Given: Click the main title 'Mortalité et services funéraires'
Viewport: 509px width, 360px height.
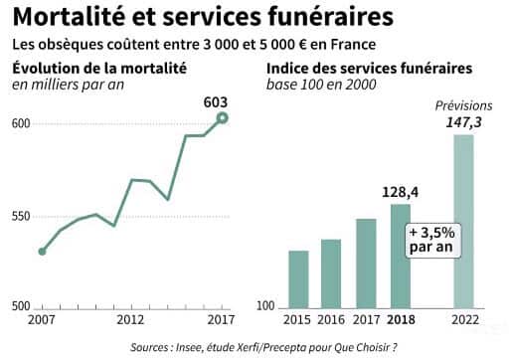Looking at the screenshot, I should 195,17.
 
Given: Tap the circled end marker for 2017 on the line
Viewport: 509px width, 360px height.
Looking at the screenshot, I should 223,118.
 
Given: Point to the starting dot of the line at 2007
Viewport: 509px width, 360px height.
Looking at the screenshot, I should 42,252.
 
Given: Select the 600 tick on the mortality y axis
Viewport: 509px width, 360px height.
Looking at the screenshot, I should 22,123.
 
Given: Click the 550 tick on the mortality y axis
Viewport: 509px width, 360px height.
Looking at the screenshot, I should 22,217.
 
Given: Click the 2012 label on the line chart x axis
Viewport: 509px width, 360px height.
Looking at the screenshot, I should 131,321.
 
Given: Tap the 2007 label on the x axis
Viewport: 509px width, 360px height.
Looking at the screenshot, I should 41,321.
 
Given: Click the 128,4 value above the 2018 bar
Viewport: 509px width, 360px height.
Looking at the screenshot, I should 400,192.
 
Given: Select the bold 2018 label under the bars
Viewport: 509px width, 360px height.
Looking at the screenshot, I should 400,321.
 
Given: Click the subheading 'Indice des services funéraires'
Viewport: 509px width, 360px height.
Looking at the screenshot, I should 369,69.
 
